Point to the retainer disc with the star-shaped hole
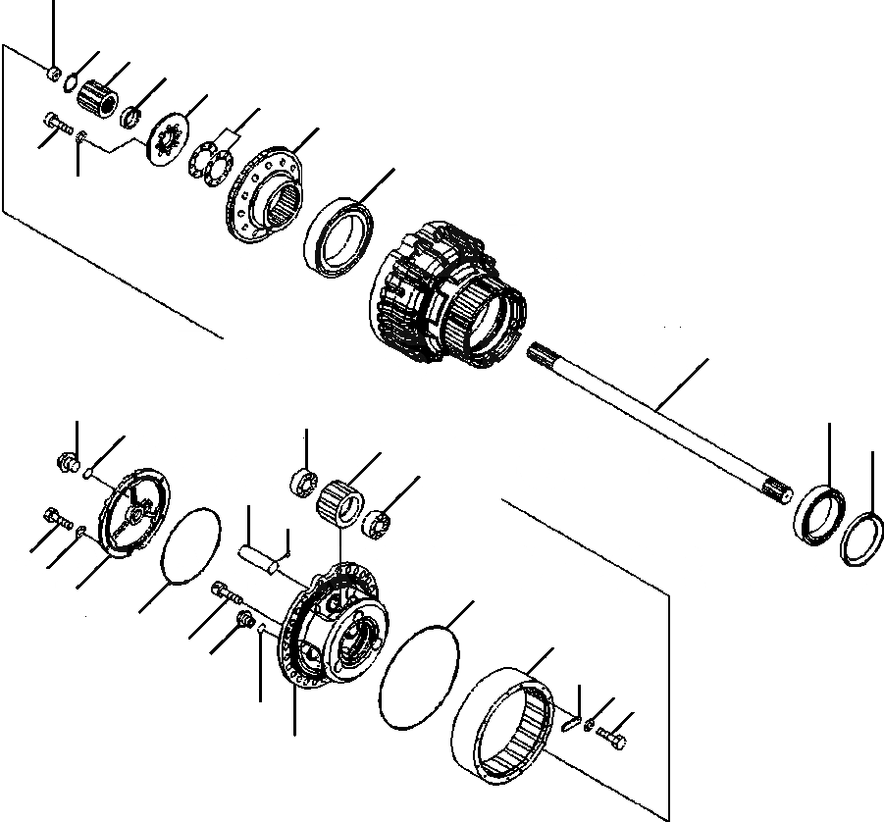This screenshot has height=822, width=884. (x=165, y=142)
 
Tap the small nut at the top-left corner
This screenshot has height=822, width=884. (x=55, y=73)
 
